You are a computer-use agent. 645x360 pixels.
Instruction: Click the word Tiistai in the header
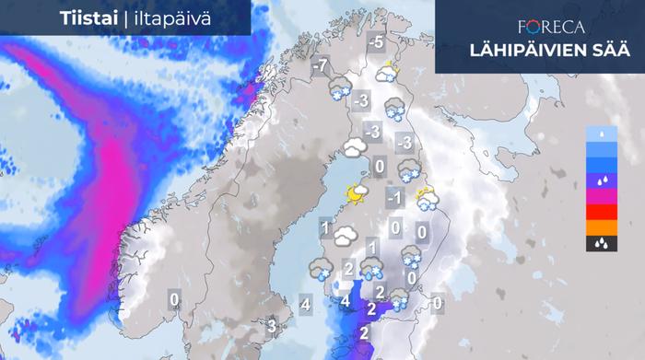pyautogui.click(x=88, y=17)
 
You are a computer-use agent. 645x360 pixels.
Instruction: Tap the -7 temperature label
pyautogui.click(x=320, y=66)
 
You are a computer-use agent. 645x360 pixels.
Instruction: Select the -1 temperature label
pyautogui.click(x=393, y=197)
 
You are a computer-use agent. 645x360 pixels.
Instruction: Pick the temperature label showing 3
pyautogui.click(x=272, y=325)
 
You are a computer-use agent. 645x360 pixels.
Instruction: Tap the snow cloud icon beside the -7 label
pyautogui.click(x=338, y=87)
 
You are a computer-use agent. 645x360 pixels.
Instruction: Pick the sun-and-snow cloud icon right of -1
pyautogui.click(x=426, y=199)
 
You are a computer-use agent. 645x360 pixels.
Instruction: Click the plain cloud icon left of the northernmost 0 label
pyautogui.click(x=354, y=147)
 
